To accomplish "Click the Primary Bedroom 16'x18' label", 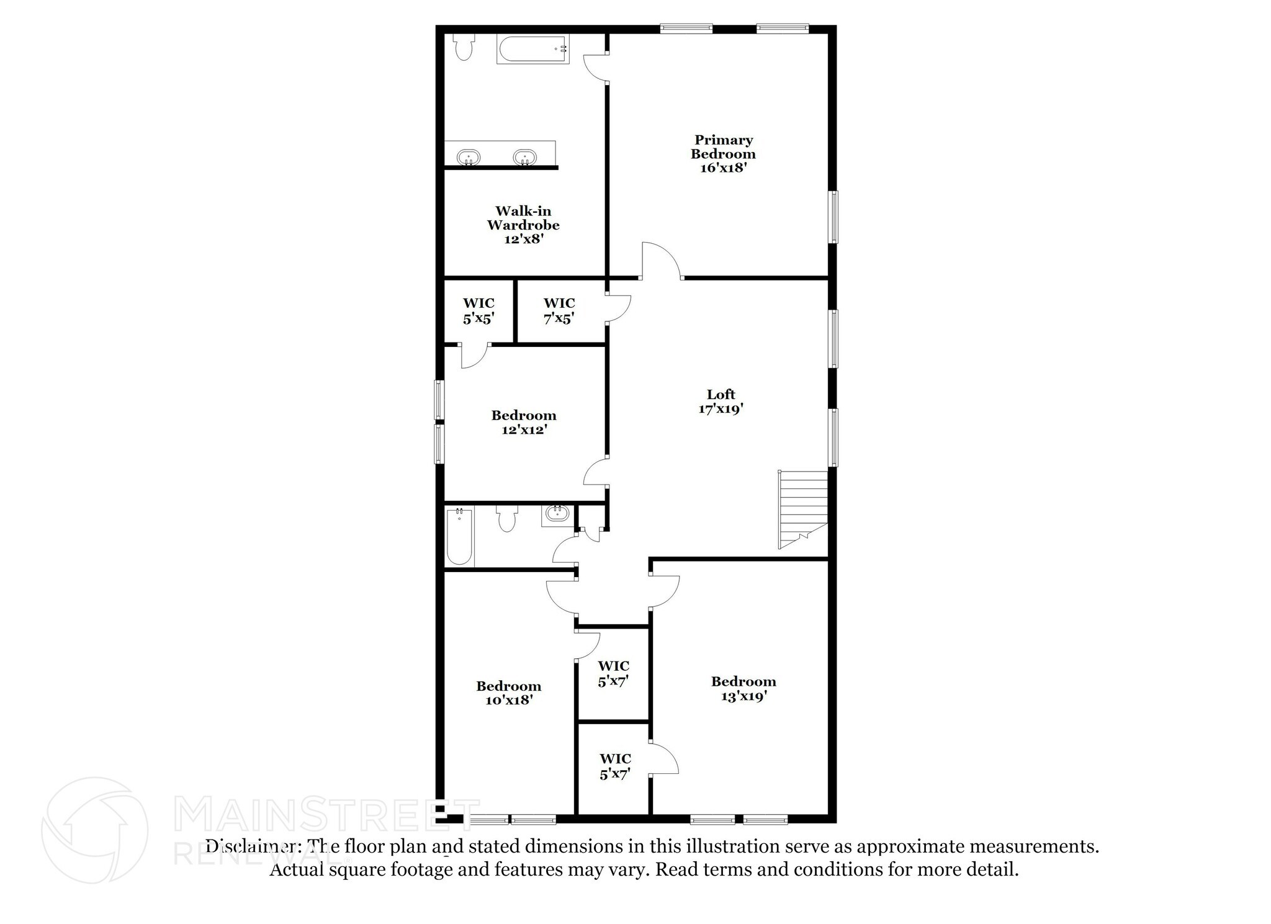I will click(723, 154).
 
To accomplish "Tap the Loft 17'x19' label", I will click(721, 401).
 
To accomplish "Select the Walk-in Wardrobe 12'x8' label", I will click(523, 225).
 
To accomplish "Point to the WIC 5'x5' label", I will click(478, 311).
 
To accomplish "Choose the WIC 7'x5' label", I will click(559, 311).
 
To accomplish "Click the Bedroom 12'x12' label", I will click(524, 422).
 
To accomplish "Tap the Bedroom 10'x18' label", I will click(509, 693).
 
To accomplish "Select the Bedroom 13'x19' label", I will click(743, 689).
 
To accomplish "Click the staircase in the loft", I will click(804, 509).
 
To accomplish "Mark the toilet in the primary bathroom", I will click(464, 47).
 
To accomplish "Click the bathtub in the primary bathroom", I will click(532, 49).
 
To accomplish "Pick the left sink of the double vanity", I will click(469, 157).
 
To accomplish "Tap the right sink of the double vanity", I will click(525, 157).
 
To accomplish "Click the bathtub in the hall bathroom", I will click(459, 536).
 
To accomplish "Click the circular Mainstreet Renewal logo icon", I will click(95, 830).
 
